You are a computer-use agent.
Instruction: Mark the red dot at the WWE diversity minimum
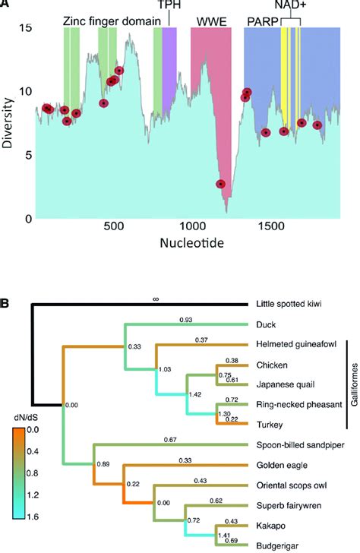coord(220,184)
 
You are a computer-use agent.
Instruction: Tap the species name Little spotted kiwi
coord(293,305)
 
